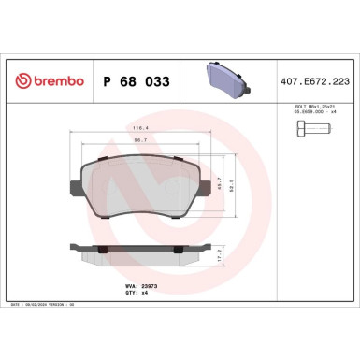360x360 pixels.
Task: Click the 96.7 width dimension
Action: [139, 142]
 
